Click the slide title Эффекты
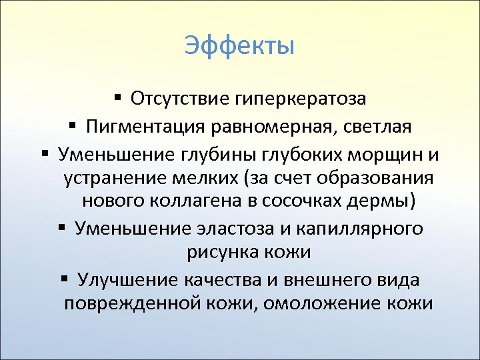pyautogui.click(x=239, y=47)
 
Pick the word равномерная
pyautogui.click(x=267, y=126)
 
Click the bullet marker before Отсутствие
pyautogui.click(x=117, y=99)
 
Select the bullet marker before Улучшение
pyautogui.click(x=64, y=278)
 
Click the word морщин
pyautogui.click(x=389, y=155)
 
